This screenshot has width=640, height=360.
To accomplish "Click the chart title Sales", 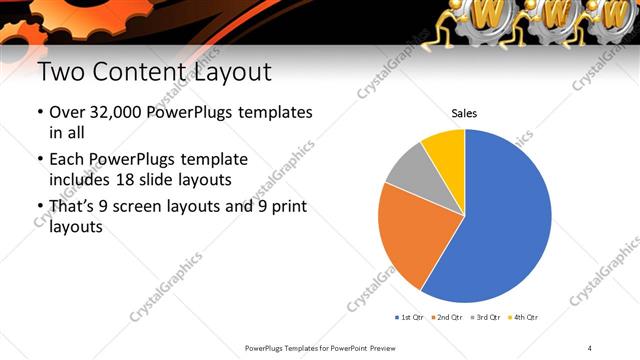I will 464,114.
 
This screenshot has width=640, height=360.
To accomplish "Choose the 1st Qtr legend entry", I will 411,317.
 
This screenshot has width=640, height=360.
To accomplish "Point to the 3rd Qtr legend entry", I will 486,317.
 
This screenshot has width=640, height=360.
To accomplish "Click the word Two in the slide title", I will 58,73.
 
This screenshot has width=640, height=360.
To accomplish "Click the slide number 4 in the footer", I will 590,347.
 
